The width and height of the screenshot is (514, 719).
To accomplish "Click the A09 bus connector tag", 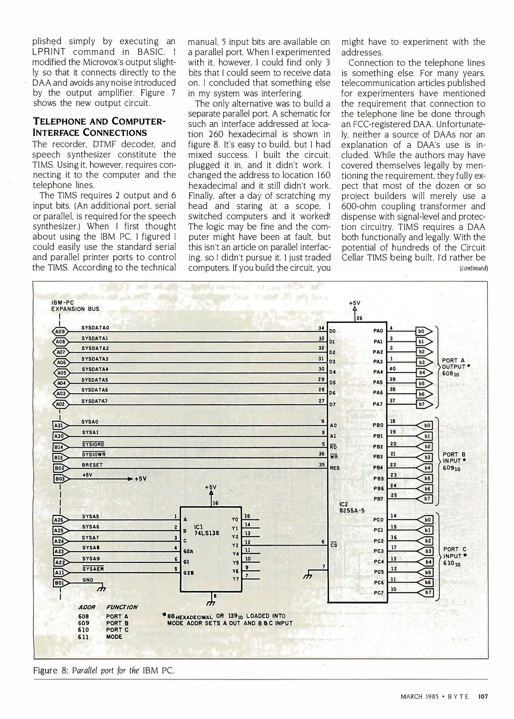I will (x=60, y=332).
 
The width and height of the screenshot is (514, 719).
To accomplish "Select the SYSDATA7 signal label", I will (x=95, y=401).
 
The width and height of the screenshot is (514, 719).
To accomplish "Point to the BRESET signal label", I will (x=92, y=465).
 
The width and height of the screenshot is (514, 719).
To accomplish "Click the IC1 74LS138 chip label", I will (x=206, y=530).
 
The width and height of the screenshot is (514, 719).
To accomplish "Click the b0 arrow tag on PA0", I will (x=424, y=331).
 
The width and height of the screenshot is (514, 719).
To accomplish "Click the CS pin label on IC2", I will (x=334, y=545).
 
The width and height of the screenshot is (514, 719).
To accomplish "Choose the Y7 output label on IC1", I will (x=236, y=579).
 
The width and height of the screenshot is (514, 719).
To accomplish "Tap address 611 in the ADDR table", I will (x=83, y=637).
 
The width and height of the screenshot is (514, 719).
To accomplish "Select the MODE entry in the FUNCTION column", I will (x=114, y=637).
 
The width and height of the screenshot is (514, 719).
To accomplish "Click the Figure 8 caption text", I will (x=104, y=670).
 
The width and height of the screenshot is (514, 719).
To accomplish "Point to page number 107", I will (x=483, y=696).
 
